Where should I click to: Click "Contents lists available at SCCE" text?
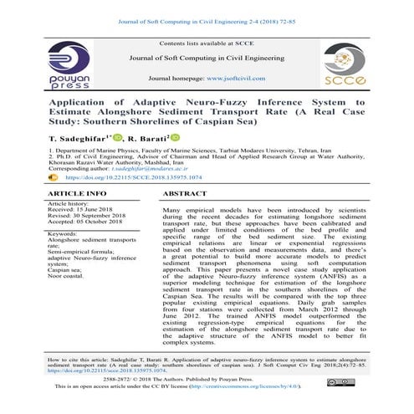207,42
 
